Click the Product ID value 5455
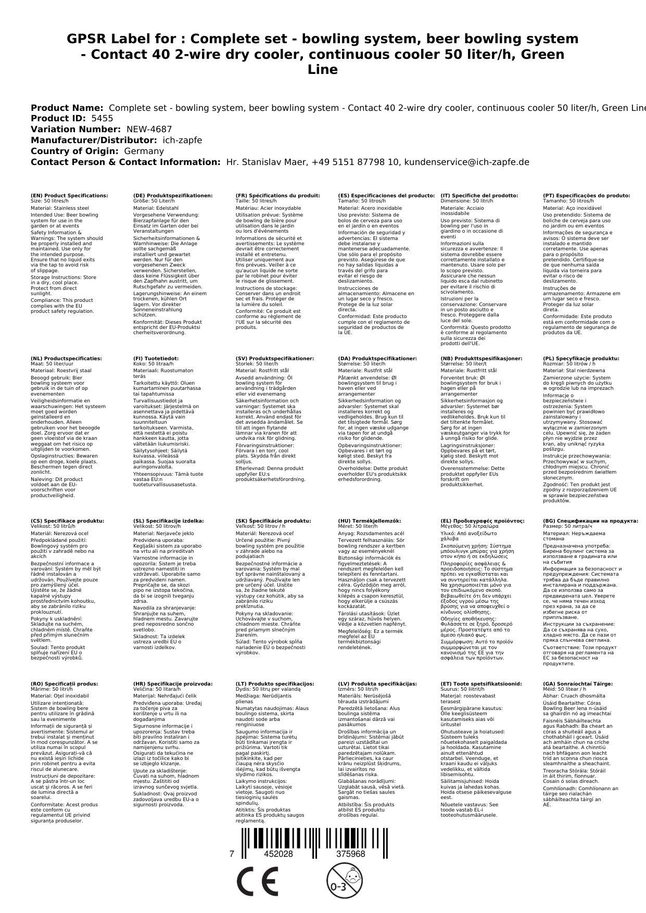tap(102, 118)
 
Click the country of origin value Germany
tap(144, 151)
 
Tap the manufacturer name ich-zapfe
tap(182, 140)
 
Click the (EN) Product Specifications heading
tap(69, 196)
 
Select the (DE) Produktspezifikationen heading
tap(173, 196)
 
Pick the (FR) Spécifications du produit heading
tap(277, 196)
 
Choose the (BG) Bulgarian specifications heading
tap(590, 521)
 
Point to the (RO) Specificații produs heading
tap(65, 684)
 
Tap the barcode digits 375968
tap(350, 854)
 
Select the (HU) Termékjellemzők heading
tap(370, 521)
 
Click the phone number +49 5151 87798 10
tap(356, 162)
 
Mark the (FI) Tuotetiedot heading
tap(156, 359)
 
